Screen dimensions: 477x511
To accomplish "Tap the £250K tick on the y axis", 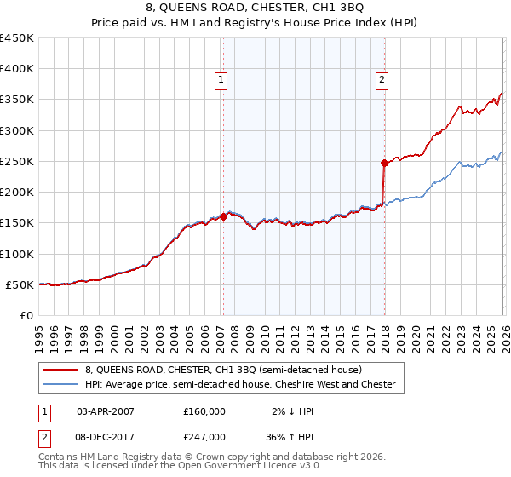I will click(17, 161).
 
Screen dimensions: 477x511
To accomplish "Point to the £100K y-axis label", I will click(17, 254).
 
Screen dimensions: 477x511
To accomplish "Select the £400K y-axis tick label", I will click(17, 69).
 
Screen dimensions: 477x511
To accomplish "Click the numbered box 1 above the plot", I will click(221, 80).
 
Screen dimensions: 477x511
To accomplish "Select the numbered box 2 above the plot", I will click(381, 80).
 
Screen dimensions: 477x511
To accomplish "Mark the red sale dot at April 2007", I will click(223, 216).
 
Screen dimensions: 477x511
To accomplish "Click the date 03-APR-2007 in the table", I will click(106, 411).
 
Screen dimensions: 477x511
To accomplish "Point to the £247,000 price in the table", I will click(204, 436).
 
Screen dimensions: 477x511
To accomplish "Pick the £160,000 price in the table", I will click(204, 411).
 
